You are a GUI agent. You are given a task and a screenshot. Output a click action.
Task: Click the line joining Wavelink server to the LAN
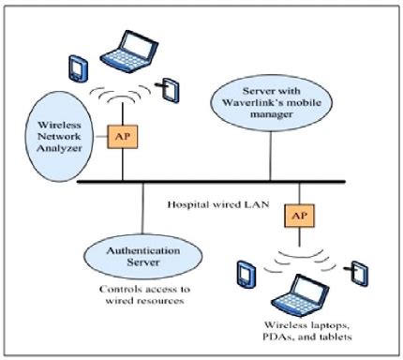(272, 150)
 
